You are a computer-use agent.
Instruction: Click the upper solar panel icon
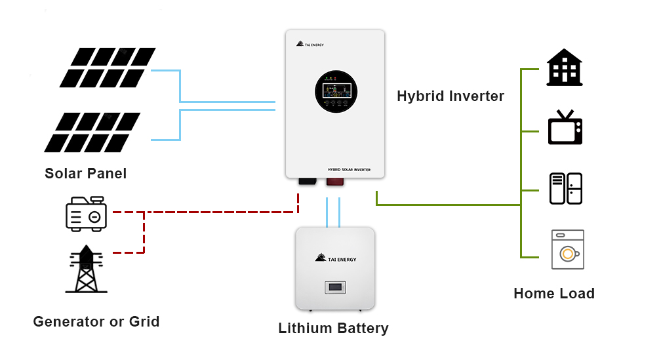click(108, 68)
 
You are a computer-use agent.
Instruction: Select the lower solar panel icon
click(92, 132)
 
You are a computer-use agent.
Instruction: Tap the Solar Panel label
click(85, 174)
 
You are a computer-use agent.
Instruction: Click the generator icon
click(86, 213)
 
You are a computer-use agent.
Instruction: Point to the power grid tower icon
click(86, 270)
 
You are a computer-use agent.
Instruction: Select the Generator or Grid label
click(96, 322)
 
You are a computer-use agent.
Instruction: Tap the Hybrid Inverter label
click(451, 96)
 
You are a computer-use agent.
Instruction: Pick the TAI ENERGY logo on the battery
click(336, 258)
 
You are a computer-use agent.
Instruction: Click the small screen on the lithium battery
click(335, 287)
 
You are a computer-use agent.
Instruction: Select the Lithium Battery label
click(333, 329)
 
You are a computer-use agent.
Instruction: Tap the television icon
click(565, 128)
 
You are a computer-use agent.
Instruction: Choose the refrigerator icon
click(565, 189)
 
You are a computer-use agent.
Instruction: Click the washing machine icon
click(567, 250)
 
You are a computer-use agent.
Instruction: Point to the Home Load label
click(554, 294)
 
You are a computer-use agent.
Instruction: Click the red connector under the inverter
click(334, 182)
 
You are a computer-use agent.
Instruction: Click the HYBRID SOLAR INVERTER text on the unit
click(349, 170)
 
